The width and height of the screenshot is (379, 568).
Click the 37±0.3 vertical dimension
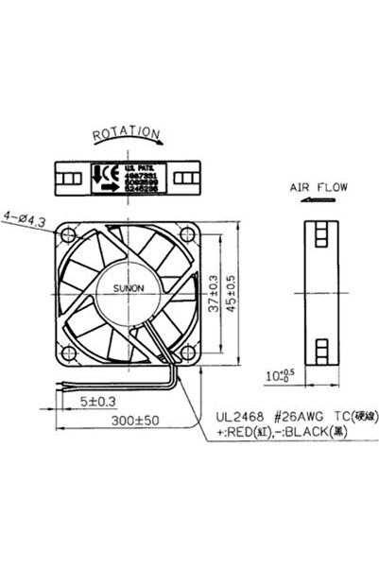coord(215,295)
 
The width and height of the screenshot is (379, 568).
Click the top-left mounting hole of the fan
coord(66,232)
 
